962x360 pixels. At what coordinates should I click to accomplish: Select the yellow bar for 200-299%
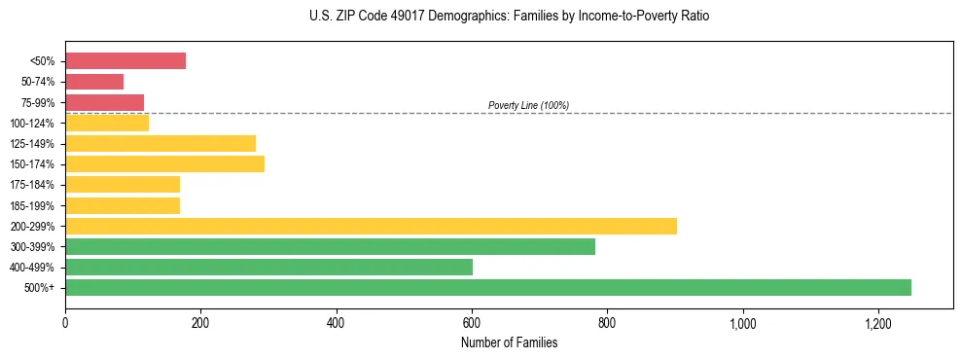point(371,226)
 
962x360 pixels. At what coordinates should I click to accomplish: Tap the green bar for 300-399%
point(330,246)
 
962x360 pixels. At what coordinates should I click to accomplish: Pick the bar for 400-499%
point(268,267)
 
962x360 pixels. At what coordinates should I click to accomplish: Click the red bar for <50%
point(125,60)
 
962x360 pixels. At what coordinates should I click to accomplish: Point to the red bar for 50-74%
point(94,82)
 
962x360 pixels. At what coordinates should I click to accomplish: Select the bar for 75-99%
point(104,102)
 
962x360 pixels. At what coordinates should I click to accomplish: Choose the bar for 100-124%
point(107,123)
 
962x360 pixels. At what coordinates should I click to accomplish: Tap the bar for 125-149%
point(160,143)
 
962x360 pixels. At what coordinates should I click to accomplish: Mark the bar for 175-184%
point(123,184)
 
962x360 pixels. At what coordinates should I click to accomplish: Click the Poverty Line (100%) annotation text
point(528,105)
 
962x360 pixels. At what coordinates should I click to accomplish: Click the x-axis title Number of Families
point(509,342)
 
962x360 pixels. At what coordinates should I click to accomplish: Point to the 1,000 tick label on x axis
point(742,322)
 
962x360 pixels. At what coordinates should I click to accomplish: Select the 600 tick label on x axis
point(472,322)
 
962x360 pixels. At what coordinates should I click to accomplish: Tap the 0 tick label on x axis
point(65,322)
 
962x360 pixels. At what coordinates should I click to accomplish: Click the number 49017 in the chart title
point(388,17)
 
